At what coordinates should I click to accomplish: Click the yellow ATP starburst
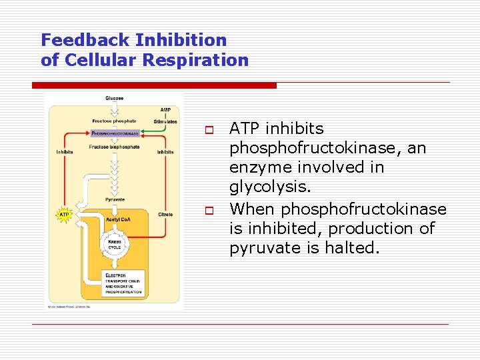(65, 215)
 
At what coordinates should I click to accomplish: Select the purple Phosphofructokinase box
(115, 133)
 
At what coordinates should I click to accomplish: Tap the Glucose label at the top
(114, 99)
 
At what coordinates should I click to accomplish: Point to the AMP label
(165, 110)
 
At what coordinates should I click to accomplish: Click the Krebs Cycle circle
(115, 244)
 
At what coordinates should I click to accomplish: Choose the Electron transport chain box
(125, 283)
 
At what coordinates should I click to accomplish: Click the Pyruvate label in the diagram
(114, 199)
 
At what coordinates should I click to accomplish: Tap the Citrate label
(165, 214)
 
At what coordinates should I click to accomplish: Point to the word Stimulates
(165, 122)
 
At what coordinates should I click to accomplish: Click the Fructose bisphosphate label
(114, 147)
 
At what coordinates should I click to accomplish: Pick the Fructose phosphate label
(114, 121)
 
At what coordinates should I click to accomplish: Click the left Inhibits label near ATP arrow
(65, 152)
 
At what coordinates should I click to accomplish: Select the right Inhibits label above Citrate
(165, 152)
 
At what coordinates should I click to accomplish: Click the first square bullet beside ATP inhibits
(208, 129)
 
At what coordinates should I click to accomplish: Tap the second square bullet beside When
(208, 210)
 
